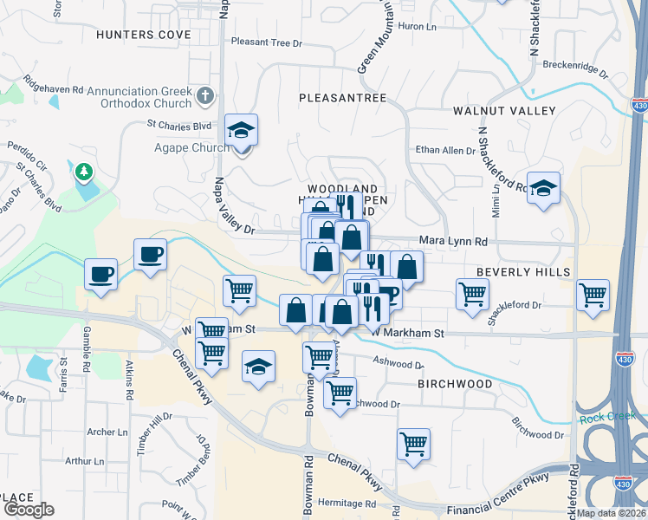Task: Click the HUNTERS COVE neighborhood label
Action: pos(144,35)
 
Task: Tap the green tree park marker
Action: pos(85,172)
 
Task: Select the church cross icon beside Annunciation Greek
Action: pos(205,94)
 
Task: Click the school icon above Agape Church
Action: pos(242,130)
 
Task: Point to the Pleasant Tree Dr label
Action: pos(267,42)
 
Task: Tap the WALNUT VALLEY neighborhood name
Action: pos(504,111)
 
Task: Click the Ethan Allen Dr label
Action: pos(446,150)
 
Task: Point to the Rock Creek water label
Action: pos(607,418)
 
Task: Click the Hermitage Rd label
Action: pos(346,504)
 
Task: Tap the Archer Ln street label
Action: pos(107,432)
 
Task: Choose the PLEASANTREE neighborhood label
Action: pos(342,98)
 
